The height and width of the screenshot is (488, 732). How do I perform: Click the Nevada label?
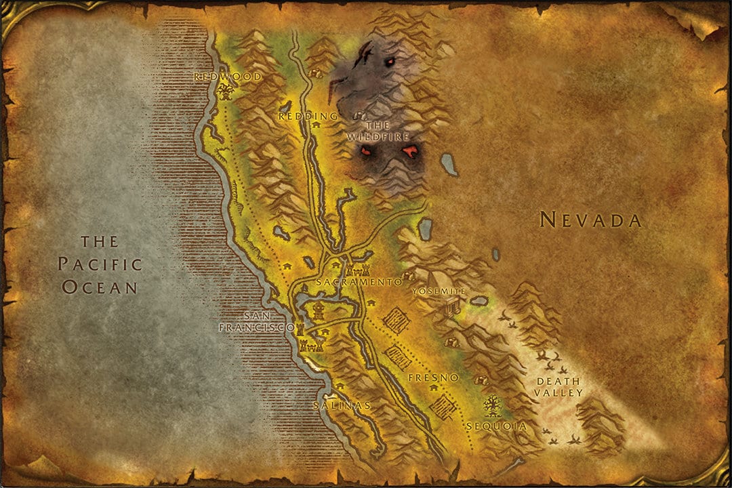click(x=590, y=220)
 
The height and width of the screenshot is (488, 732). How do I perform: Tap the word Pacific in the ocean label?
click(x=100, y=264)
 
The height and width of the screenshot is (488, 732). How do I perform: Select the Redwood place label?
click(x=228, y=77)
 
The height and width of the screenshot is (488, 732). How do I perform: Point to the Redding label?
click(x=308, y=117)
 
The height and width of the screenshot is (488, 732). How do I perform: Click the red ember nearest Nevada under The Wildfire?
click(x=410, y=151)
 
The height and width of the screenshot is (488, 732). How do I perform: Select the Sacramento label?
click(x=359, y=281)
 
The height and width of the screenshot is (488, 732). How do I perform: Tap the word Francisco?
click(x=257, y=327)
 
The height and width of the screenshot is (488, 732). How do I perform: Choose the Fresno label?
click(x=434, y=377)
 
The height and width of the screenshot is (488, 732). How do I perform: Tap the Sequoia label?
click(x=497, y=426)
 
